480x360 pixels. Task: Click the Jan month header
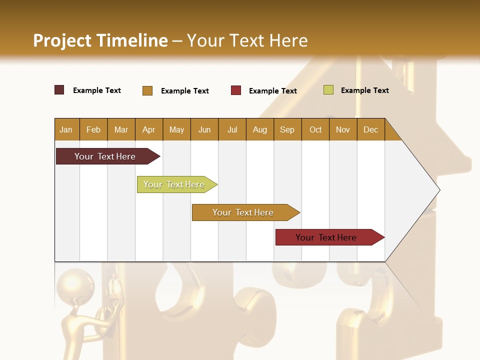[x=66, y=129]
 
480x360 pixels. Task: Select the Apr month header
[x=149, y=129]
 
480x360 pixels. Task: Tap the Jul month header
[x=232, y=129]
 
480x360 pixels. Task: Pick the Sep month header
[x=287, y=129]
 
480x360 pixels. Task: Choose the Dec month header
[x=370, y=129]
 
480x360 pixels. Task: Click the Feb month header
[x=93, y=129]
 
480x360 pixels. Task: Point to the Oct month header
[x=315, y=129]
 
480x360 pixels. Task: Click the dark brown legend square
[x=59, y=90]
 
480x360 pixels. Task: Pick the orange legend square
[x=147, y=90]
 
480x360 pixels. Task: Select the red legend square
[x=236, y=90]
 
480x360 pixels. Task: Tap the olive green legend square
[x=328, y=90]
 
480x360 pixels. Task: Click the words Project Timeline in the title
[x=100, y=40]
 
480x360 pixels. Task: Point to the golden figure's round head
[x=75, y=283]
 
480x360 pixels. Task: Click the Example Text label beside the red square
[x=272, y=91]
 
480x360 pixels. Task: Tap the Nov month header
[x=342, y=129]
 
